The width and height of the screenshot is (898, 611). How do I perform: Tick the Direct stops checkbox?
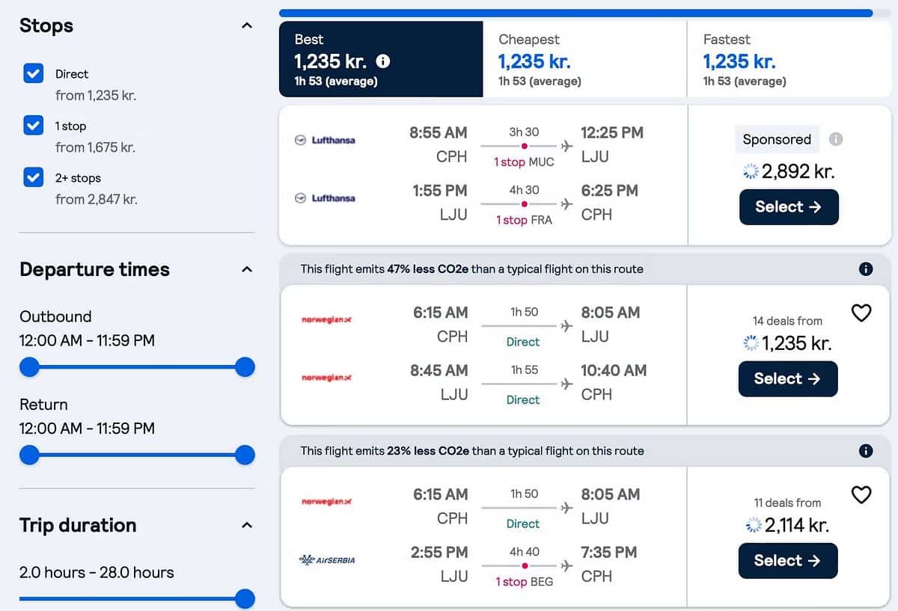(34, 73)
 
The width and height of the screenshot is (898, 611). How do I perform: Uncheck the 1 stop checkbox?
(34, 126)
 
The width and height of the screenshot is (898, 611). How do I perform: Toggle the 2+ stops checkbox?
(34, 178)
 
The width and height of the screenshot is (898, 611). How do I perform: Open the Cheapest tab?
(584, 59)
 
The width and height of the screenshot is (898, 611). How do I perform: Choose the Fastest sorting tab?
(789, 59)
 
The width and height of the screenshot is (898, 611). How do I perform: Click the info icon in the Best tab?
(382, 61)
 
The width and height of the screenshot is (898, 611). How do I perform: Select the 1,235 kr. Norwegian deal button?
(788, 378)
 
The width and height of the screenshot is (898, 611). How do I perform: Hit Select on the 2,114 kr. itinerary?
(788, 560)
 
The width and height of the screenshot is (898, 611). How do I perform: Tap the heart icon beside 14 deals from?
(861, 313)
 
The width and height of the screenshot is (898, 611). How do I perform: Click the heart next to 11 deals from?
(861, 495)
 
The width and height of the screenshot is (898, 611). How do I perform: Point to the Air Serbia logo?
(327, 560)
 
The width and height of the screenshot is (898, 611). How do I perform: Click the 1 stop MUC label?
(524, 162)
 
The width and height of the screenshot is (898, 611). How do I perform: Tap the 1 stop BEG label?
(524, 582)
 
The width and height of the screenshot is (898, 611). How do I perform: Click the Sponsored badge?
(777, 139)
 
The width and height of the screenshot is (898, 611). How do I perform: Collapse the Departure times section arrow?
(247, 269)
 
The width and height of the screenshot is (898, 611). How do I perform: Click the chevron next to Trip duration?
(247, 525)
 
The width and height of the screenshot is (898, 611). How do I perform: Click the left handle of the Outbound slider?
(29, 367)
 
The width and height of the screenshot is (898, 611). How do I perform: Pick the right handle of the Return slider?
(245, 455)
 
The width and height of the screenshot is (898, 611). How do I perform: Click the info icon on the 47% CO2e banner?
(866, 269)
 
